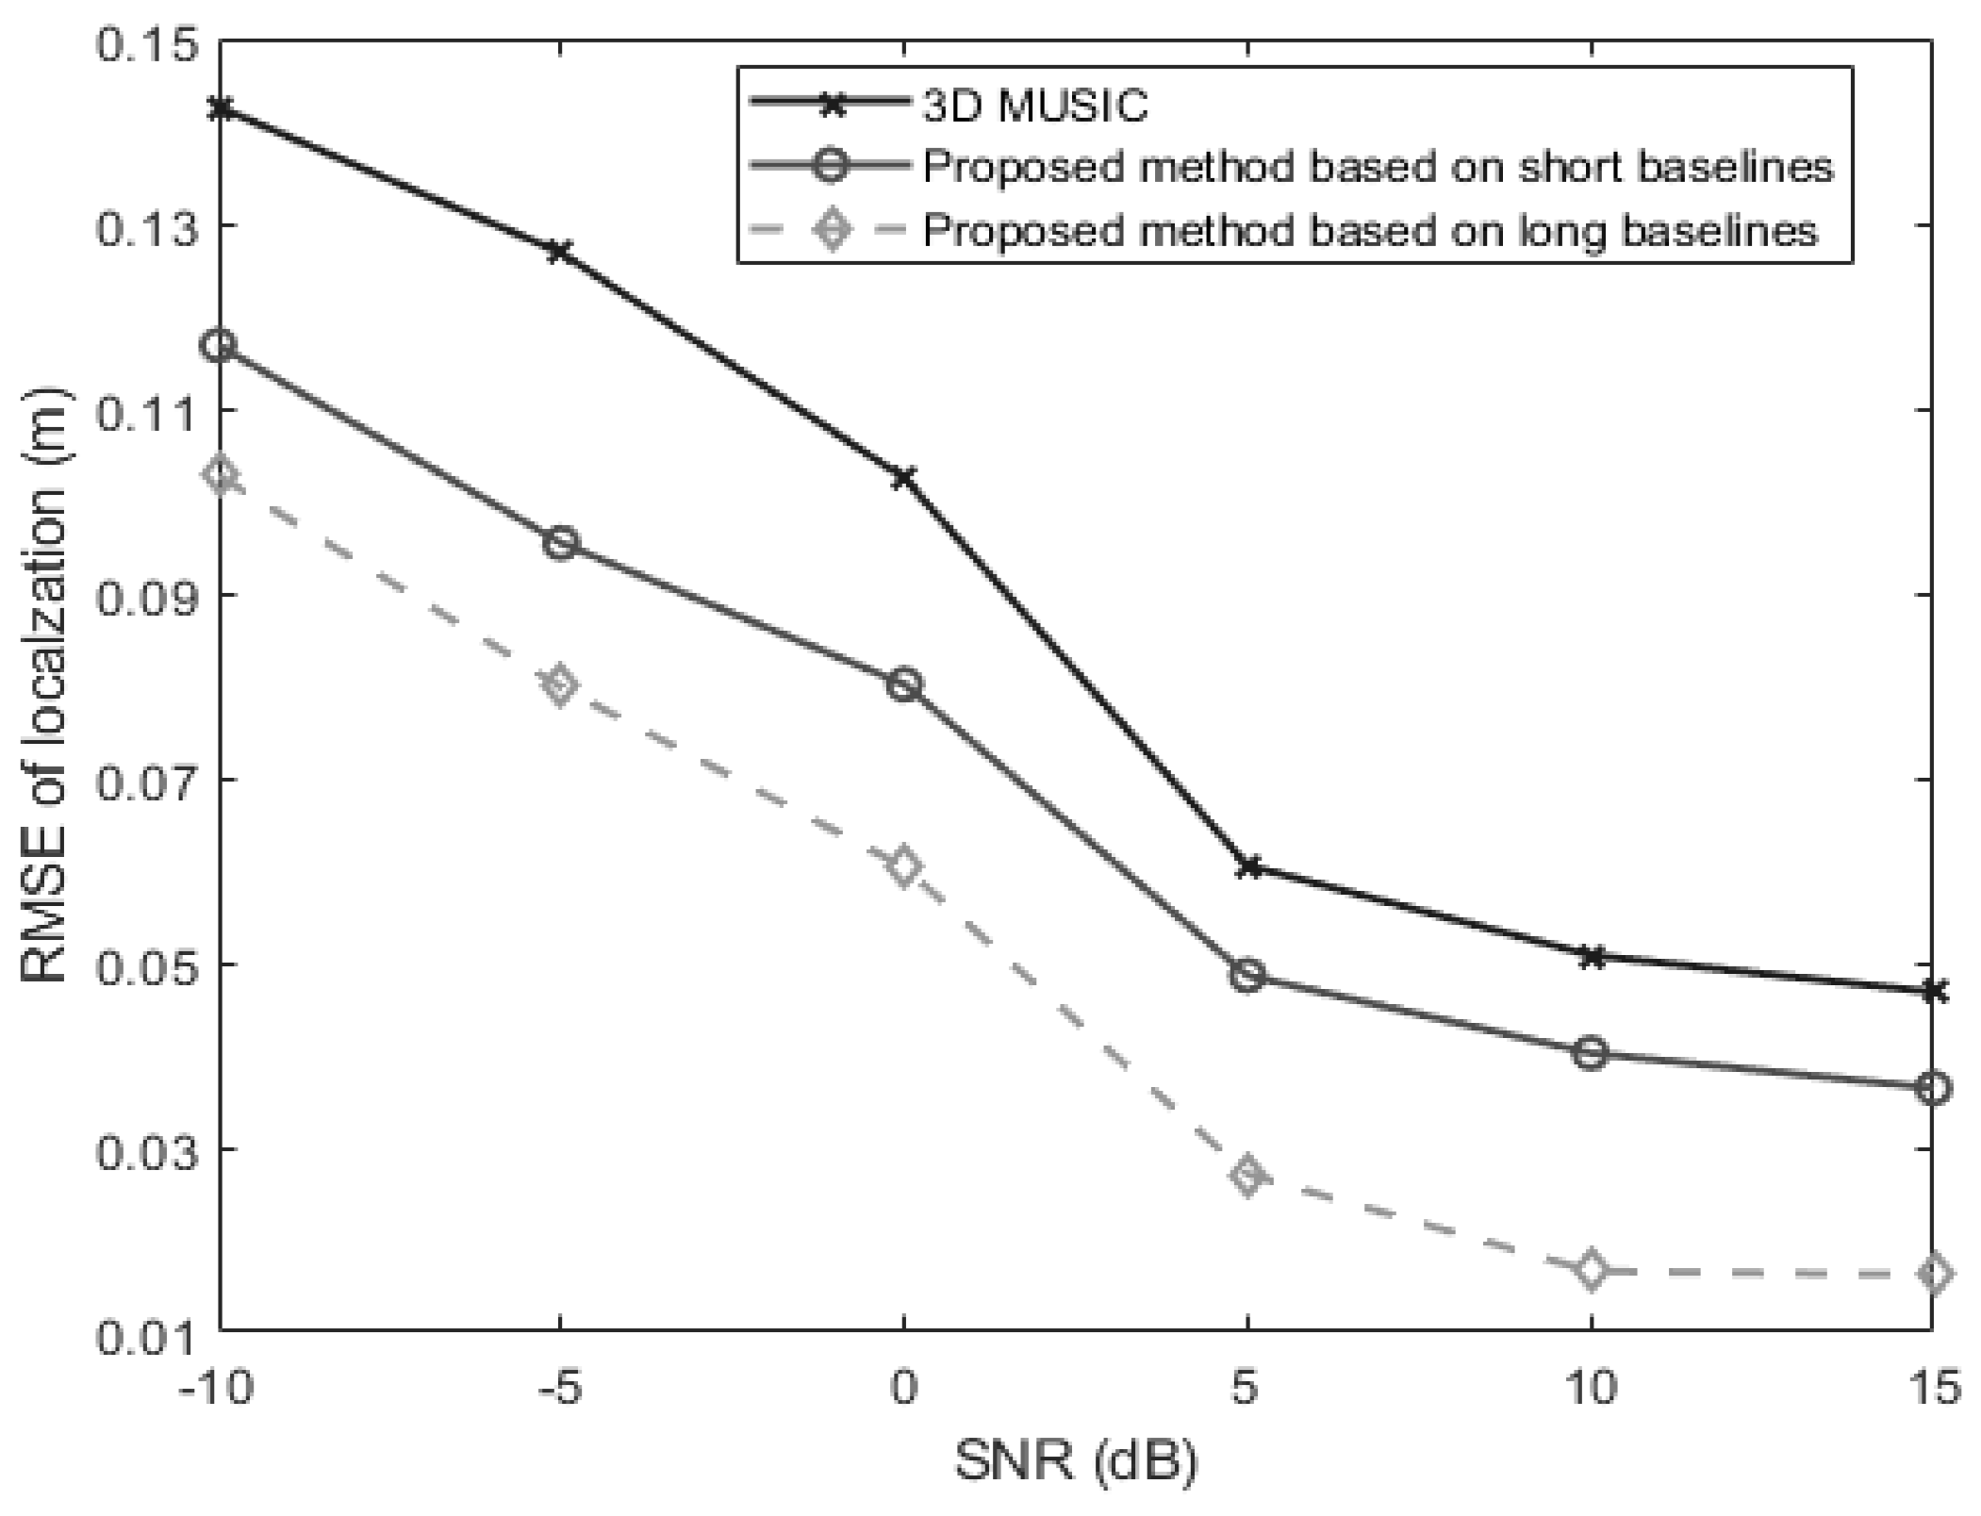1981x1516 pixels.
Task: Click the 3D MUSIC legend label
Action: tap(1034, 107)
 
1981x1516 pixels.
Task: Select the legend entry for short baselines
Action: tap(1378, 167)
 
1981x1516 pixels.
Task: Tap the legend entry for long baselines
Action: tap(1370, 229)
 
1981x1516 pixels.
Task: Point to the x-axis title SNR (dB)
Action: tap(1075, 1462)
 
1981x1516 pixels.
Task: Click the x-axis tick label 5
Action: tap(1247, 1387)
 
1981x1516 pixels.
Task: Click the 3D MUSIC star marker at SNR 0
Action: tap(904, 478)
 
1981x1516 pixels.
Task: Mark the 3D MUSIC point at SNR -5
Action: tap(561, 252)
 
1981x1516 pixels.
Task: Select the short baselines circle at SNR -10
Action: tap(220, 346)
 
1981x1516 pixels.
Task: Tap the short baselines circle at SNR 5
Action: tap(1247, 975)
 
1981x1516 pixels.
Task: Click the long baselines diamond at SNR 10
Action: tap(1591, 1271)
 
